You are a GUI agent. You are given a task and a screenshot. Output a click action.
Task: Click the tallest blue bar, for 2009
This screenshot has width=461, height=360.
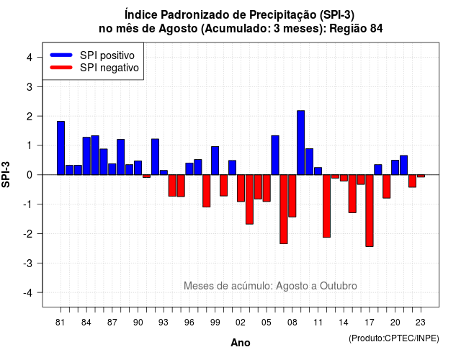point(301,143)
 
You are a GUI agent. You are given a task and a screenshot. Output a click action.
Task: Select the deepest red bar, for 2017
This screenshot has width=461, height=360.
point(370,211)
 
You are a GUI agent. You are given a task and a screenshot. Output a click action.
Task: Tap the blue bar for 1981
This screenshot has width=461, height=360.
point(61,148)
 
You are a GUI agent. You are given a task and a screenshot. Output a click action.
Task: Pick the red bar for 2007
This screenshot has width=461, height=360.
point(284,210)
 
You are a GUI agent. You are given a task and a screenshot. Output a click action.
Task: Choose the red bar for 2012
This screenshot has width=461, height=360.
point(326,206)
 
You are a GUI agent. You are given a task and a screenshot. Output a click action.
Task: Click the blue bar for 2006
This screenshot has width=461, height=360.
point(275,156)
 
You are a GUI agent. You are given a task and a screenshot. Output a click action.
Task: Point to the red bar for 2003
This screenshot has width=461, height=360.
point(249,199)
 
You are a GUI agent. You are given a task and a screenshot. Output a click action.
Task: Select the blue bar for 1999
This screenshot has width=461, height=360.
point(215,161)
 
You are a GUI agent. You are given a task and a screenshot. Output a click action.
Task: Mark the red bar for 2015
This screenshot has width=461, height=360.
point(352,194)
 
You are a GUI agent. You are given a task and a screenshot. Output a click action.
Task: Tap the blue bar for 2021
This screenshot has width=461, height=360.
point(403,165)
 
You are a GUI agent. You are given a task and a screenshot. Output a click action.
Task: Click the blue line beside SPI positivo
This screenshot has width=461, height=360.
point(61,55)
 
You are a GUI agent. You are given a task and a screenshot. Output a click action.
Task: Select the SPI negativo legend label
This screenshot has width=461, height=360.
point(109,68)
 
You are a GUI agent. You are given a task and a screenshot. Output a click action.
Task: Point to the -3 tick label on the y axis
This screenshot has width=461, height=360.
point(29,264)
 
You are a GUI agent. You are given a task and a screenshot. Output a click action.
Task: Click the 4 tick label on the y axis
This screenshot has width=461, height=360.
point(30,58)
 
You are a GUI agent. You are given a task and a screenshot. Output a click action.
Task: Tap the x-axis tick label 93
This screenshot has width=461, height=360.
point(164,323)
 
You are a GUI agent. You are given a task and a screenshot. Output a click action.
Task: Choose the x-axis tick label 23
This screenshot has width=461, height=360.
point(421,323)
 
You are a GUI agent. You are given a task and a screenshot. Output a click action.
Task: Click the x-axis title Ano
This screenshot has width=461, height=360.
point(241,343)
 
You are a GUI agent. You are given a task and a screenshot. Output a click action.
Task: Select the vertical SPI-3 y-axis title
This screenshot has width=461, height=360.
point(6,174)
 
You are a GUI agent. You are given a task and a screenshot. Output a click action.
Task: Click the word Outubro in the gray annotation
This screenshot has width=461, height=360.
point(339,286)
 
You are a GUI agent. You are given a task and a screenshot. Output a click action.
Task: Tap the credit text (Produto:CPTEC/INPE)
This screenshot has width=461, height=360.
point(394,338)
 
